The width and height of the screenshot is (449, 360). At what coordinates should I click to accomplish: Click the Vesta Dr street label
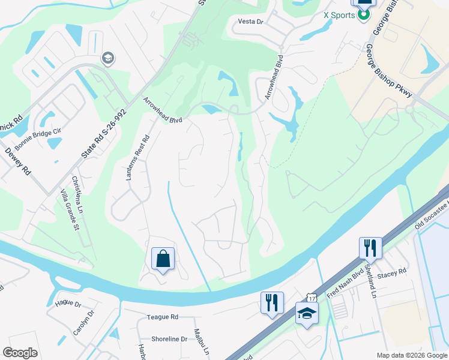coord(251,21)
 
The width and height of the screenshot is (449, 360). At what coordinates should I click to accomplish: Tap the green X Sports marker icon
coord(364,15)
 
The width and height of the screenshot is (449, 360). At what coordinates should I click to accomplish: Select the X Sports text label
coord(339,15)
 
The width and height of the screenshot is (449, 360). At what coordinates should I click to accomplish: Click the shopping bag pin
coord(163,259)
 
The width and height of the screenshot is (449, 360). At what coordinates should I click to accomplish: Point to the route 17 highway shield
coord(310,298)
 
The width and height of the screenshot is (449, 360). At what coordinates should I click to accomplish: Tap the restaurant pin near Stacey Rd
coord(370,247)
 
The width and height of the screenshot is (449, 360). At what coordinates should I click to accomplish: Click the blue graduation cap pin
coord(307,313)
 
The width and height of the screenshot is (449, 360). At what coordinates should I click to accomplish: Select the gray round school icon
coord(109,58)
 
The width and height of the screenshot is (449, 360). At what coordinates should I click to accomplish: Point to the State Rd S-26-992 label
coord(104,135)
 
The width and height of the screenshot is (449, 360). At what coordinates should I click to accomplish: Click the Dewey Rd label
coord(18,161)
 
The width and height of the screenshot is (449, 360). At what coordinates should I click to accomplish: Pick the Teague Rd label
coord(163,316)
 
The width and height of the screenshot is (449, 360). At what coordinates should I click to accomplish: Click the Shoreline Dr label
coord(169,339)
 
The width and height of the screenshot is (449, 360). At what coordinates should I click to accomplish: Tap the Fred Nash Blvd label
coord(344,280)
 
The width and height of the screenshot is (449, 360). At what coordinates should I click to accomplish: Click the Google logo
coord(20,353)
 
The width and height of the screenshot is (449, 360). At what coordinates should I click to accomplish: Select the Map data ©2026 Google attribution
coord(411,355)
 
